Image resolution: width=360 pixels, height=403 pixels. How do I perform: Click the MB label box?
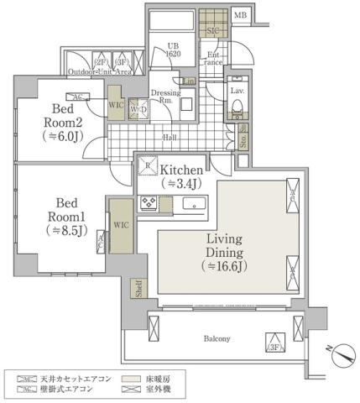click(x=240, y=15)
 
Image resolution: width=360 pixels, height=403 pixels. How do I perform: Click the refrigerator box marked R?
click(x=148, y=166)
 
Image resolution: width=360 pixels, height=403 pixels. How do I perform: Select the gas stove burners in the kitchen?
click(x=149, y=203)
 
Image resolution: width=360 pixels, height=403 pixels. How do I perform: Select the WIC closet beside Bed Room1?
click(x=119, y=226)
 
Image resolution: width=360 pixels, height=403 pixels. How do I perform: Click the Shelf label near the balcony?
click(x=136, y=289)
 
